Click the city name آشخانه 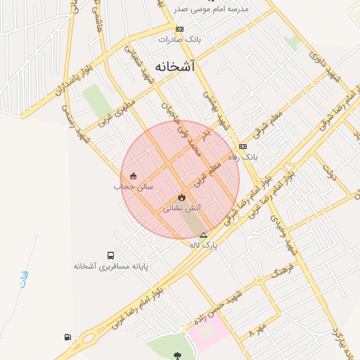[173, 66]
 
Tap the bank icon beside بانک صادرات [180, 29]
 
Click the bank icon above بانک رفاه [243, 146]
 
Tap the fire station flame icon [181, 198]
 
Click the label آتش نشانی [182, 208]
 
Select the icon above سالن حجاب [134, 176]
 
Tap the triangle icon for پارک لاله [204, 235]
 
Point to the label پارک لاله [204, 245]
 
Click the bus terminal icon [110, 255]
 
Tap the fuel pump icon [67, 337]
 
